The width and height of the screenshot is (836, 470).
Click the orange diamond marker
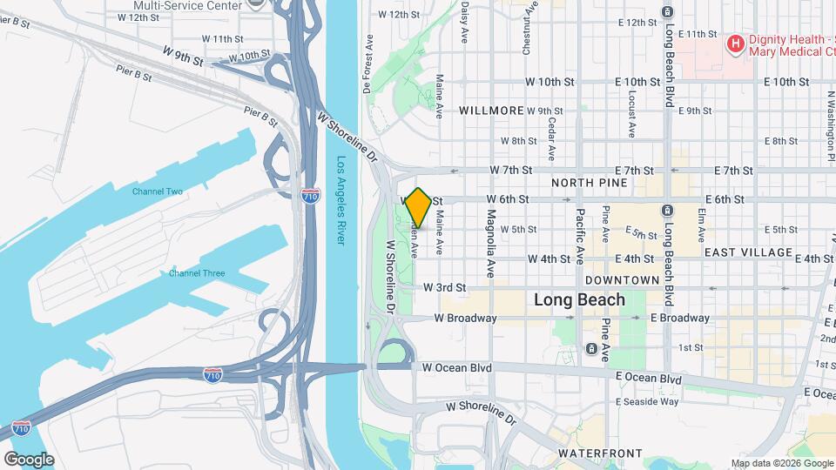point(418,208)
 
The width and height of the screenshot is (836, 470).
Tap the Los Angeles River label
point(341,201)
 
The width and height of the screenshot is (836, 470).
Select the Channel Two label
point(157,191)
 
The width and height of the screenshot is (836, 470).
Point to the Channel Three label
point(197,273)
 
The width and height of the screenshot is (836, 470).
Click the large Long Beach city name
point(579,300)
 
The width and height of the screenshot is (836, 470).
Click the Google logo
point(29,459)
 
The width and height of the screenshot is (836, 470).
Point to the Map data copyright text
point(781,463)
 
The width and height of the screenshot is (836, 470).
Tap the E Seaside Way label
point(646,401)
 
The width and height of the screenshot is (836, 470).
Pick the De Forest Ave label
point(368,64)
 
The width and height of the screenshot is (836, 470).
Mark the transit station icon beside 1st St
point(591,350)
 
